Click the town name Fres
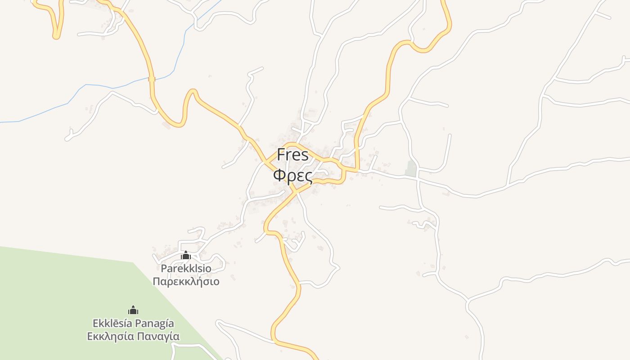[x=292, y=155]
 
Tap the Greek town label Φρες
[x=292, y=175]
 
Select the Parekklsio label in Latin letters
[x=186, y=269]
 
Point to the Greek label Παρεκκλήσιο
[x=186, y=282]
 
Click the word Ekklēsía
[x=112, y=323]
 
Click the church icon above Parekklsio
[x=186, y=256]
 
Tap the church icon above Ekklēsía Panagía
[x=133, y=310]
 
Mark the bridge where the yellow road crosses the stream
[x=152, y=79]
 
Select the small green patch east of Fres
[x=410, y=168]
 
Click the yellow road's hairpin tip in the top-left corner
[x=56, y=36]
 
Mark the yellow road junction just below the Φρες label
[x=296, y=191]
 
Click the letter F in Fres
[x=281, y=155]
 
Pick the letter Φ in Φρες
[x=279, y=175]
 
